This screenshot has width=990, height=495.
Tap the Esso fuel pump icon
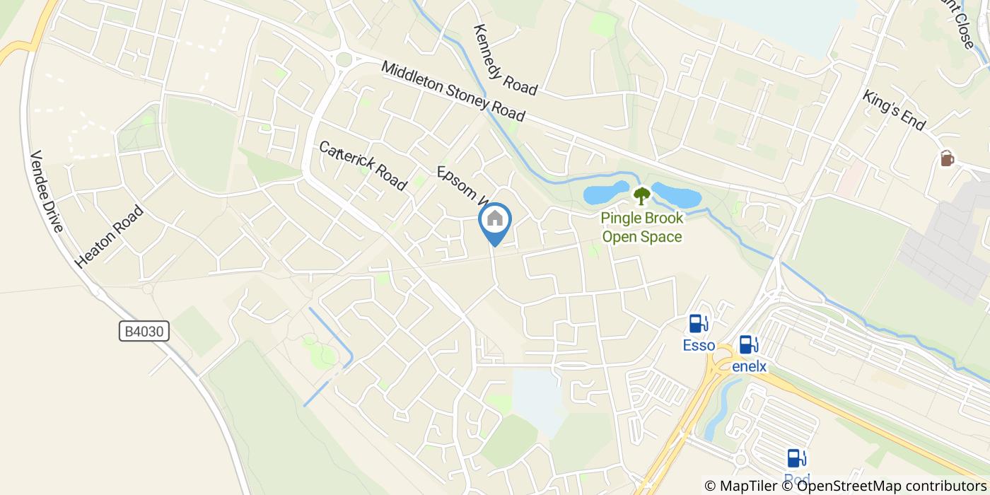[x=699, y=324]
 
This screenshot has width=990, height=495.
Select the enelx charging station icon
[x=749, y=345]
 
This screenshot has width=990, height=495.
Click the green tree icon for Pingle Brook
[x=641, y=195]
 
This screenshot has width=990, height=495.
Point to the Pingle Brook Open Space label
[x=642, y=227]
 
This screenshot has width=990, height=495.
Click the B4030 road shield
[x=144, y=331]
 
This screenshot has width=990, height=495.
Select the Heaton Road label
[x=109, y=236]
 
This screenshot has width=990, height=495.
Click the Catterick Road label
[x=363, y=165]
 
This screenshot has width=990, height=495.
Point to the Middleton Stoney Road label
[x=453, y=91]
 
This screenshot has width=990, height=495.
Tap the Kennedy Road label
[x=506, y=60]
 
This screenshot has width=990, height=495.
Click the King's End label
[x=893, y=110]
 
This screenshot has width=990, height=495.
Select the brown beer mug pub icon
[x=947, y=158]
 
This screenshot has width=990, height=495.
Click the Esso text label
[x=699, y=346]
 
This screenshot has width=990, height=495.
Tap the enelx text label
[x=749, y=366]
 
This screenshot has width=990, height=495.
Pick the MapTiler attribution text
[x=740, y=485]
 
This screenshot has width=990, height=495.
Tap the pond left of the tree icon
[x=605, y=192]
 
